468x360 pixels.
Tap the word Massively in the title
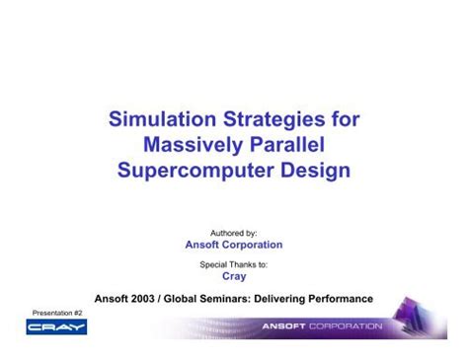point(193,147)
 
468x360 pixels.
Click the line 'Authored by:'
point(234,232)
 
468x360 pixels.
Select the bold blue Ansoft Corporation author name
point(234,245)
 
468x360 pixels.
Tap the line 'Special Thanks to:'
point(234,264)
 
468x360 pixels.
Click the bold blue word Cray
point(234,277)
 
